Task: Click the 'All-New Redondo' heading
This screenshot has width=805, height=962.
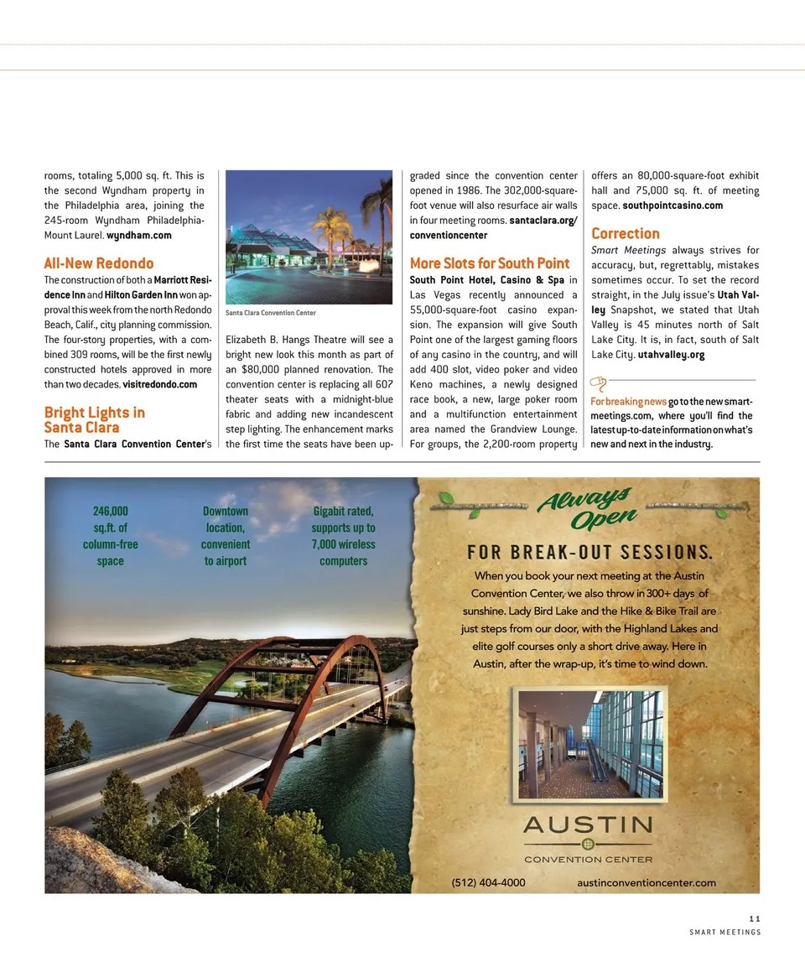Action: pos(99,263)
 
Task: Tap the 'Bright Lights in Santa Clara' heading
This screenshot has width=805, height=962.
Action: pos(94,419)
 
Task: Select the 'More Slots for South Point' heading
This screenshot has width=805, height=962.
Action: pos(490,263)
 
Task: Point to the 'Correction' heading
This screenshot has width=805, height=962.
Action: pos(626,233)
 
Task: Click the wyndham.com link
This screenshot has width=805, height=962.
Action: pos(139,235)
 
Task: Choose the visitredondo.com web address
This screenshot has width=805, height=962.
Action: pos(160,384)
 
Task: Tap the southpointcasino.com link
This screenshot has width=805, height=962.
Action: pos(673,205)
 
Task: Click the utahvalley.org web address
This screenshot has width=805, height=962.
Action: pos(671,355)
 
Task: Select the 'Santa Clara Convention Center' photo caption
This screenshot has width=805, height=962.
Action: pos(271,313)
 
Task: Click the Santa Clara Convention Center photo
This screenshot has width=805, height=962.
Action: pos(309,237)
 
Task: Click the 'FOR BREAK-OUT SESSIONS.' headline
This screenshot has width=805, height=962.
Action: pos(589,552)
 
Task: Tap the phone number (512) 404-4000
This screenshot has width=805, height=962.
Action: pos(488,882)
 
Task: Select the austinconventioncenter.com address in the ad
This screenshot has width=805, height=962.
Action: pos(647,882)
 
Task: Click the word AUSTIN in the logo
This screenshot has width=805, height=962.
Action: pos(587,825)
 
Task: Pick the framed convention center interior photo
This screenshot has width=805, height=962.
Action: pos(590,743)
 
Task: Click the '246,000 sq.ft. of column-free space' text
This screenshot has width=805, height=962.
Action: pos(110,536)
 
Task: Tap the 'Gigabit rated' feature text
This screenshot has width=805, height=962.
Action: pos(343,536)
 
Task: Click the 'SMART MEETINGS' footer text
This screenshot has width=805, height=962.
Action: pos(724,933)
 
